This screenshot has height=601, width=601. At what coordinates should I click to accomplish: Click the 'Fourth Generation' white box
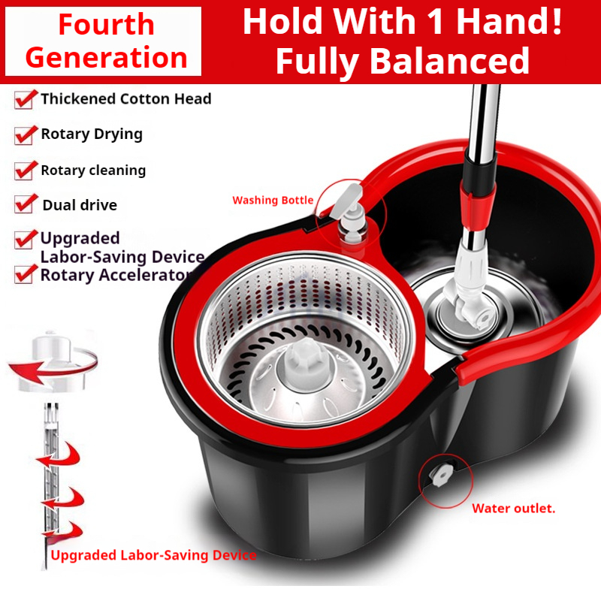coord(103,41)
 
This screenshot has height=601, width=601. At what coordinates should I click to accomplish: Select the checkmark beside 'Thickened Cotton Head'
coord(26,99)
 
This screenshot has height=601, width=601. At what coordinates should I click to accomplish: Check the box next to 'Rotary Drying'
coord(26,134)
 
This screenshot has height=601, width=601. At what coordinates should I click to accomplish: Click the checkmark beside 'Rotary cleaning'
coord(26,171)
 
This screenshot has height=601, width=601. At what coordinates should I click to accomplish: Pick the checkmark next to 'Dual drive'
coord(26,204)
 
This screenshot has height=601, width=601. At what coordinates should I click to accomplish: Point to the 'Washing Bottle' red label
coord(273,200)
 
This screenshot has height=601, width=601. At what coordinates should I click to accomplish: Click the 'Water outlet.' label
coord(514,509)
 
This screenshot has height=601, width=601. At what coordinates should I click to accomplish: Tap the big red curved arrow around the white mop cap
coord(52,367)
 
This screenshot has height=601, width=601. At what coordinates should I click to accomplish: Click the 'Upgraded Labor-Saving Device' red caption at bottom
coord(153,555)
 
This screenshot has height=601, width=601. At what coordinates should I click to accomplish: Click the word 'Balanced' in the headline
coord(450,61)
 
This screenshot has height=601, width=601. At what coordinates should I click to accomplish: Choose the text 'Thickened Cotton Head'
coord(126,99)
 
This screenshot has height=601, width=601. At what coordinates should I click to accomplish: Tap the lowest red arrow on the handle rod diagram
coord(62,530)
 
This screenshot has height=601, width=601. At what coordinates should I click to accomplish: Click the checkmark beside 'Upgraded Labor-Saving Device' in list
coord(26,240)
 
